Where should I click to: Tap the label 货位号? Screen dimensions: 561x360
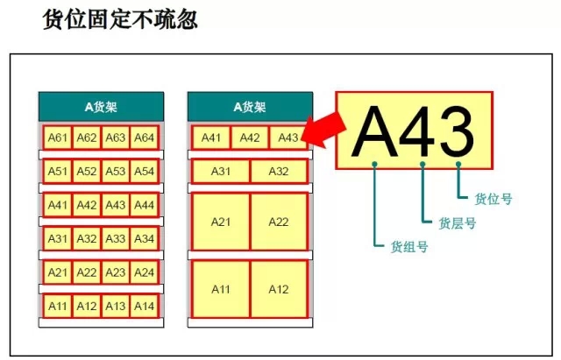493,199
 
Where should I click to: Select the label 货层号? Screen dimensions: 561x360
458,223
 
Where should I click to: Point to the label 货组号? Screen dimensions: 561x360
409,247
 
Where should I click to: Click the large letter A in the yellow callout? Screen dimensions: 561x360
375,132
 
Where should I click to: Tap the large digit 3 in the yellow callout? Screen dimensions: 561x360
458,132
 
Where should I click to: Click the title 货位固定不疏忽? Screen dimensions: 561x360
120,19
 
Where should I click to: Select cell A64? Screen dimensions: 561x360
144,138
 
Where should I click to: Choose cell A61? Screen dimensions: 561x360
58,138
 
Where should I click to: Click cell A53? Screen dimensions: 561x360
115,172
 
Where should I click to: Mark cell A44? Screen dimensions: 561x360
144,205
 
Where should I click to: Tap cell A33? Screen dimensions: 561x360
115,239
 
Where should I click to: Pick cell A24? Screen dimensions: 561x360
144,272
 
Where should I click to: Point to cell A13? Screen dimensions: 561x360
115,307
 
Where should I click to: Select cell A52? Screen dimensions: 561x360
87,172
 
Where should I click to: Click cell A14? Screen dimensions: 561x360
144,307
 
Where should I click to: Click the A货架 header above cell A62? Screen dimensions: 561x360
102,107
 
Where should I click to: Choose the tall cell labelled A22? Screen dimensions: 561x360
279,222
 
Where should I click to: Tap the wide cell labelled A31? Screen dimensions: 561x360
221,172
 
